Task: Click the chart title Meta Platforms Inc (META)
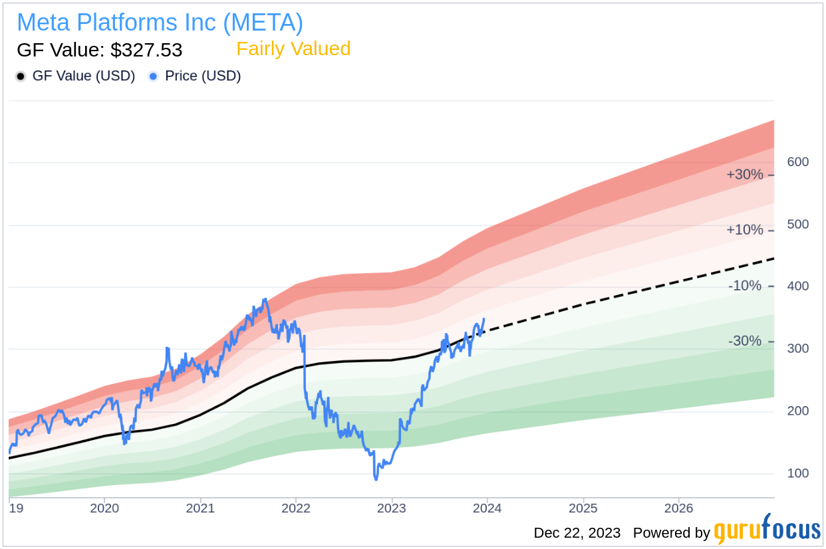click(160, 23)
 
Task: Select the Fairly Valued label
click(293, 49)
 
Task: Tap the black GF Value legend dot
click(21, 76)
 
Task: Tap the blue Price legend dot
click(154, 76)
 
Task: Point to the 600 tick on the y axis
click(798, 162)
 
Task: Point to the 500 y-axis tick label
click(798, 225)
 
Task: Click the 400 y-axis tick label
click(798, 286)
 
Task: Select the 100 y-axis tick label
click(798, 473)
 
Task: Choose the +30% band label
click(744, 175)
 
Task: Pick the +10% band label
click(744, 230)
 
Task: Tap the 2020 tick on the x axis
click(104, 508)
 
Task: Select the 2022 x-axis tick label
click(296, 508)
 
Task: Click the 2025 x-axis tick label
click(583, 508)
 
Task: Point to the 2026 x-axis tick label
click(678, 508)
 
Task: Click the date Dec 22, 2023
click(577, 533)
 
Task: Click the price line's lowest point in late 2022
click(376, 479)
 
